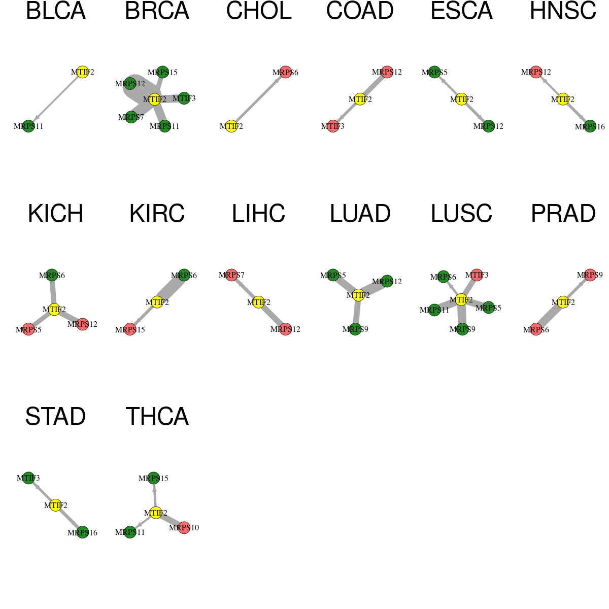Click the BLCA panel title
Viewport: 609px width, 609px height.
[x=56, y=11]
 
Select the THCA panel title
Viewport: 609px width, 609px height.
[x=157, y=417]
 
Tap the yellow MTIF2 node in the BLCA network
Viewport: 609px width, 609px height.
[x=83, y=72]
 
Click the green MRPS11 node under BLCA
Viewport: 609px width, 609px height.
[x=28, y=126]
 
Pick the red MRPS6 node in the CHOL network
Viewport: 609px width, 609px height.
[x=285, y=72]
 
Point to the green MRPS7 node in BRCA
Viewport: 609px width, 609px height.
[x=131, y=117]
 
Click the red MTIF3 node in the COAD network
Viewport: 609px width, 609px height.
[x=333, y=126]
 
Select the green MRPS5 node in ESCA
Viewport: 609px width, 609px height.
[x=434, y=72]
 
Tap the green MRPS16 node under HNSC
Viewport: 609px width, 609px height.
[x=590, y=126]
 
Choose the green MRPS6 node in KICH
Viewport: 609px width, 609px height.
[x=52, y=275]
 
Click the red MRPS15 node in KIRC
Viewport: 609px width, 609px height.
[x=130, y=329]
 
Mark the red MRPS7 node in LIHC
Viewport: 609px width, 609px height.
[x=231, y=275]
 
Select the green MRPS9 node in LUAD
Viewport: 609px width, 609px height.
[x=355, y=329]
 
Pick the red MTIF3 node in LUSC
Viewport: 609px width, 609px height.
[x=477, y=275]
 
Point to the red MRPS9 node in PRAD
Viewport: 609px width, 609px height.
[x=590, y=275]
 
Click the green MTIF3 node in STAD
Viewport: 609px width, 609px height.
[x=28, y=478]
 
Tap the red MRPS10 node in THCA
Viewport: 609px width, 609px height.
[x=184, y=527]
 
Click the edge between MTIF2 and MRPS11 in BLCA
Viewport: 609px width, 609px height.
[x=56, y=99]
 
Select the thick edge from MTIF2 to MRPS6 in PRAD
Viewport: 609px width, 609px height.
[x=550, y=316]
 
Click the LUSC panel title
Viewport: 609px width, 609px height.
[x=461, y=214]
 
